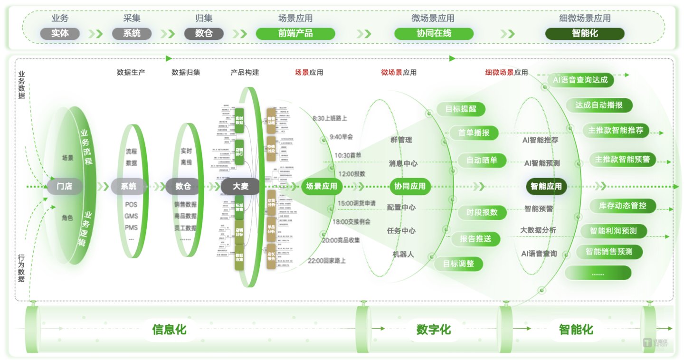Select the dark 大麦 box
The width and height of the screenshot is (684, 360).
pyautogui.click(x=240, y=187)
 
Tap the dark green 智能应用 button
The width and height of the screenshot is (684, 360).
pyautogui.click(x=546, y=187)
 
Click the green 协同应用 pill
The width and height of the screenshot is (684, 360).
pyautogui.click(x=410, y=187)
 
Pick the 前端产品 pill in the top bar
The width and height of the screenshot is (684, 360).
pyautogui.click(x=295, y=34)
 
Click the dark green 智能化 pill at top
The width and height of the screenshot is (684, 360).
pyautogui.click(x=585, y=34)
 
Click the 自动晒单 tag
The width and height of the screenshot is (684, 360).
pyautogui.click(x=478, y=161)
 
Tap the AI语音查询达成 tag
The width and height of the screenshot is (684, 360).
pyautogui.click(x=580, y=80)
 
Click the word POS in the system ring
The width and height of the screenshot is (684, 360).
pyautogui.click(x=131, y=204)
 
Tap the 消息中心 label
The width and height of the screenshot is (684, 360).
pyautogui.click(x=403, y=163)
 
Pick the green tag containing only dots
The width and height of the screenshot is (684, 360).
pyautogui.click(x=598, y=273)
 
